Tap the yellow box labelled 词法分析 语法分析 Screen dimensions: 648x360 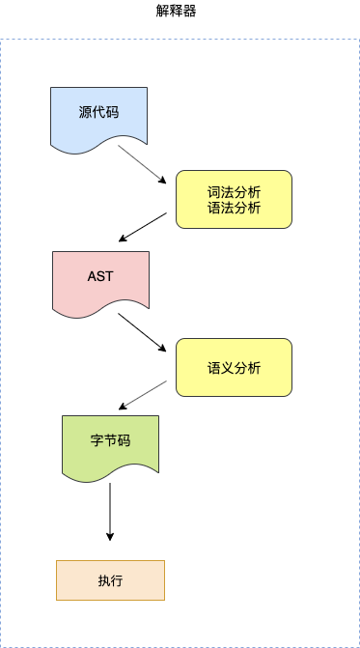(234, 199)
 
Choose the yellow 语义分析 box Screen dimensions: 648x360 (234, 367)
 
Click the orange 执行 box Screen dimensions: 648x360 (110, 580)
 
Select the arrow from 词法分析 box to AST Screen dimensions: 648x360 (147, 227)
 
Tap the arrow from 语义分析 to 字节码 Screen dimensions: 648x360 (147, 393)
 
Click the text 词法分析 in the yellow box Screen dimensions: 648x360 (234, 191)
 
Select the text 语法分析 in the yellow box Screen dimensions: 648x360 (234, 208)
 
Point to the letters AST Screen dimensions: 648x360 (100, 276)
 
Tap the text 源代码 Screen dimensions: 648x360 (98, 111)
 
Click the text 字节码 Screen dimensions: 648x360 (110, 440)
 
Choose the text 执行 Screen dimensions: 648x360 (110, 580)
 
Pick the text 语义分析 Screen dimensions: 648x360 (234, 367)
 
